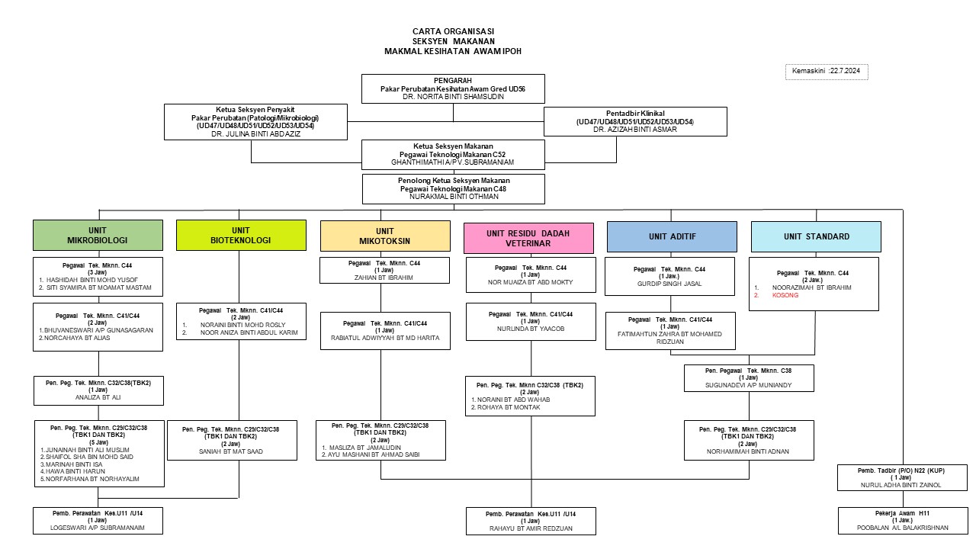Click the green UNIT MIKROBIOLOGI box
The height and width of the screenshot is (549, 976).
pos(98,235)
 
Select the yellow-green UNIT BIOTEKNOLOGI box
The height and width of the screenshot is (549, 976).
pos(240,235)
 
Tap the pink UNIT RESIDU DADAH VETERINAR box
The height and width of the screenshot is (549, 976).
pos(528,238)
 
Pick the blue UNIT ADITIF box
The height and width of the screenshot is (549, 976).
pos(672,236)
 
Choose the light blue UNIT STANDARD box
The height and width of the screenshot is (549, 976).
pos(816,236)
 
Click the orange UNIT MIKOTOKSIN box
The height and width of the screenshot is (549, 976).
pos(385,236)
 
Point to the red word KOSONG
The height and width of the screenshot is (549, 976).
pos(785,295)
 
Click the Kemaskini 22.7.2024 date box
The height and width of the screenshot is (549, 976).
pos(827,71)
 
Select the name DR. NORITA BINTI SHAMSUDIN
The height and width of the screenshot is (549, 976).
pos(453,97)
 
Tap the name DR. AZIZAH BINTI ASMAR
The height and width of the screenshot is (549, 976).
pos(634,130)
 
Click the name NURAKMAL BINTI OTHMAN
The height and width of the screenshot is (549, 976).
pos(453,197)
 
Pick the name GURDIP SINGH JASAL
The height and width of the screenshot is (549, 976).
pos(669,284)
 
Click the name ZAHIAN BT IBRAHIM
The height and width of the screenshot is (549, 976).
pos(384,278)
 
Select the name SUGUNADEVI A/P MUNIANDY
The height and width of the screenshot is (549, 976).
pos(748,385)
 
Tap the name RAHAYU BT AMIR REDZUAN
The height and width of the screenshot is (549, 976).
pos(531,528)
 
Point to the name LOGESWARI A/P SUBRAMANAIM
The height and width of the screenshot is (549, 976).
pos(98,528)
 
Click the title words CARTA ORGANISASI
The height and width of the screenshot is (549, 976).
pos(453,31)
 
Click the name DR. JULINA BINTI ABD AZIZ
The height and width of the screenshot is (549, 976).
pos(255,133)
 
